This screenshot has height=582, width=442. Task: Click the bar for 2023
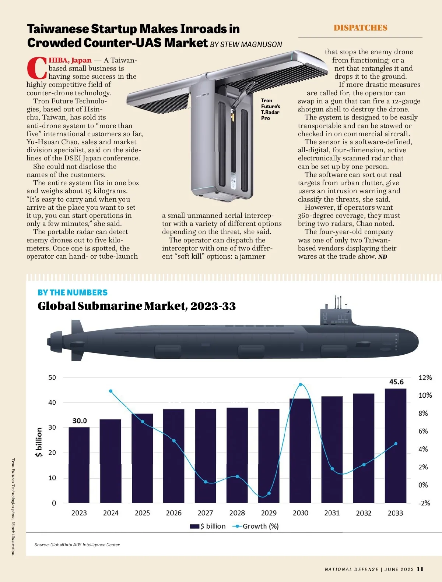click(x=79, y=465)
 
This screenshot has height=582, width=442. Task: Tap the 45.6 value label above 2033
click(x=396, y=382)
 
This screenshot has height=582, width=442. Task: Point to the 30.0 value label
click(x=80, y=420)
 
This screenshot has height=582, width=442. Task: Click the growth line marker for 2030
click(x=300, y=384)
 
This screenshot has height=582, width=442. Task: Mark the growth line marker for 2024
click(x=111, y=391)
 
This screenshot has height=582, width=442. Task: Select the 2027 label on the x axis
click(x=205, y=513)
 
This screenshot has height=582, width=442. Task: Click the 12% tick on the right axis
click(x=425, y=377)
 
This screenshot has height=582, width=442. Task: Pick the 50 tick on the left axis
click(x=52, y=377)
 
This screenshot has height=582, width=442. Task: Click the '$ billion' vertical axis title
click(x=39, y=442)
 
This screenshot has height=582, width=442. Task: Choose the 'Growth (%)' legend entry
click(x=256, y=526)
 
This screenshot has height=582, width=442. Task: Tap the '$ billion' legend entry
click(x=208, y=526)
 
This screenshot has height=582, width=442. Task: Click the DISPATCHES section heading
click(x=360, y=28)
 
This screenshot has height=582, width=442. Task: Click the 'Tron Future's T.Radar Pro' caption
click(x=270, y=109)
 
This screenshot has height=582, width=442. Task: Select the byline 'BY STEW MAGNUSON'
click(x=246, y=45)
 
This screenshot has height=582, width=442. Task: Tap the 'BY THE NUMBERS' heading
click(x=73, y=292)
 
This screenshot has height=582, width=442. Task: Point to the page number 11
click(x=420, y=569)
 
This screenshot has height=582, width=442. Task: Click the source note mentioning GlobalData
click(x=77, y=545)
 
